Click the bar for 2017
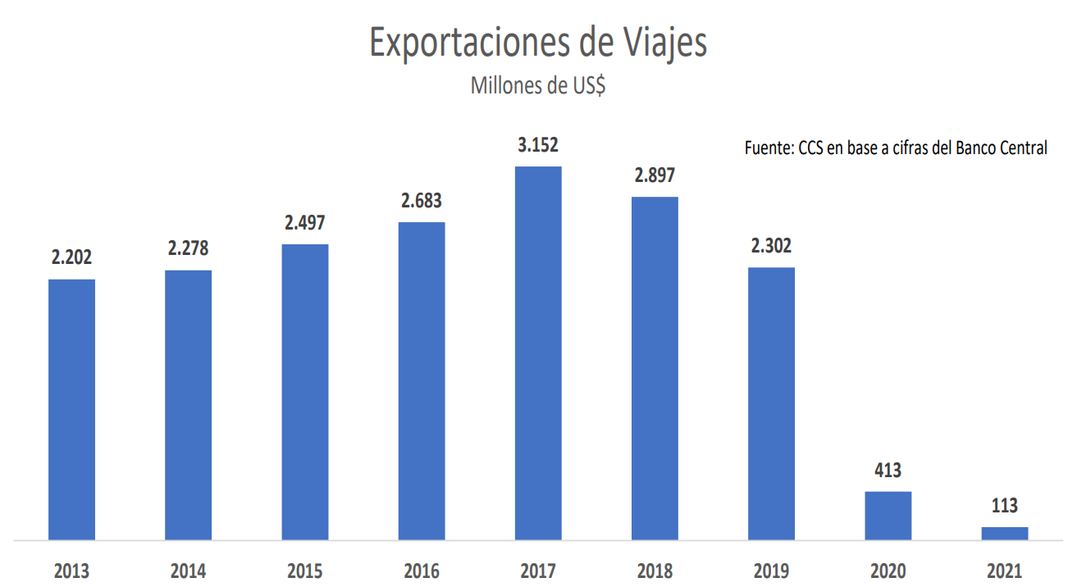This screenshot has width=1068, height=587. (538, 353)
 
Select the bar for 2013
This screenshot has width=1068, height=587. (71, 410)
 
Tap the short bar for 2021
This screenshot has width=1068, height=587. (1004, 533)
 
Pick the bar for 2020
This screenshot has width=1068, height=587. (888, 516)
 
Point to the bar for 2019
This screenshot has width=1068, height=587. (771, 403)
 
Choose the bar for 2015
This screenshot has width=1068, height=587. (304, 392)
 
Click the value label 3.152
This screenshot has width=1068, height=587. (538, 146)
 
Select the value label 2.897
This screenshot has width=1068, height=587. (655, 176)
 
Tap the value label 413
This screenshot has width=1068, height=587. (888, 471)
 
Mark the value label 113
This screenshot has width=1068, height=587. (1004, 506)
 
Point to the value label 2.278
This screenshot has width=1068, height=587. (189, 248)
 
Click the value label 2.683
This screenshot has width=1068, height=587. (422, 202)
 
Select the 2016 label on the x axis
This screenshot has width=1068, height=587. (422, 571)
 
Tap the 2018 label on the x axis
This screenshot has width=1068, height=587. (655, 571)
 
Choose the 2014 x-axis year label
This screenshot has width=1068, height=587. (189, 571)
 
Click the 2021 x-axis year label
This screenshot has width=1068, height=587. (1004, 571)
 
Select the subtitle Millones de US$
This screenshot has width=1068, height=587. (538, 85)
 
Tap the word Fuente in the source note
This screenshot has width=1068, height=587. (768, 148)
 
